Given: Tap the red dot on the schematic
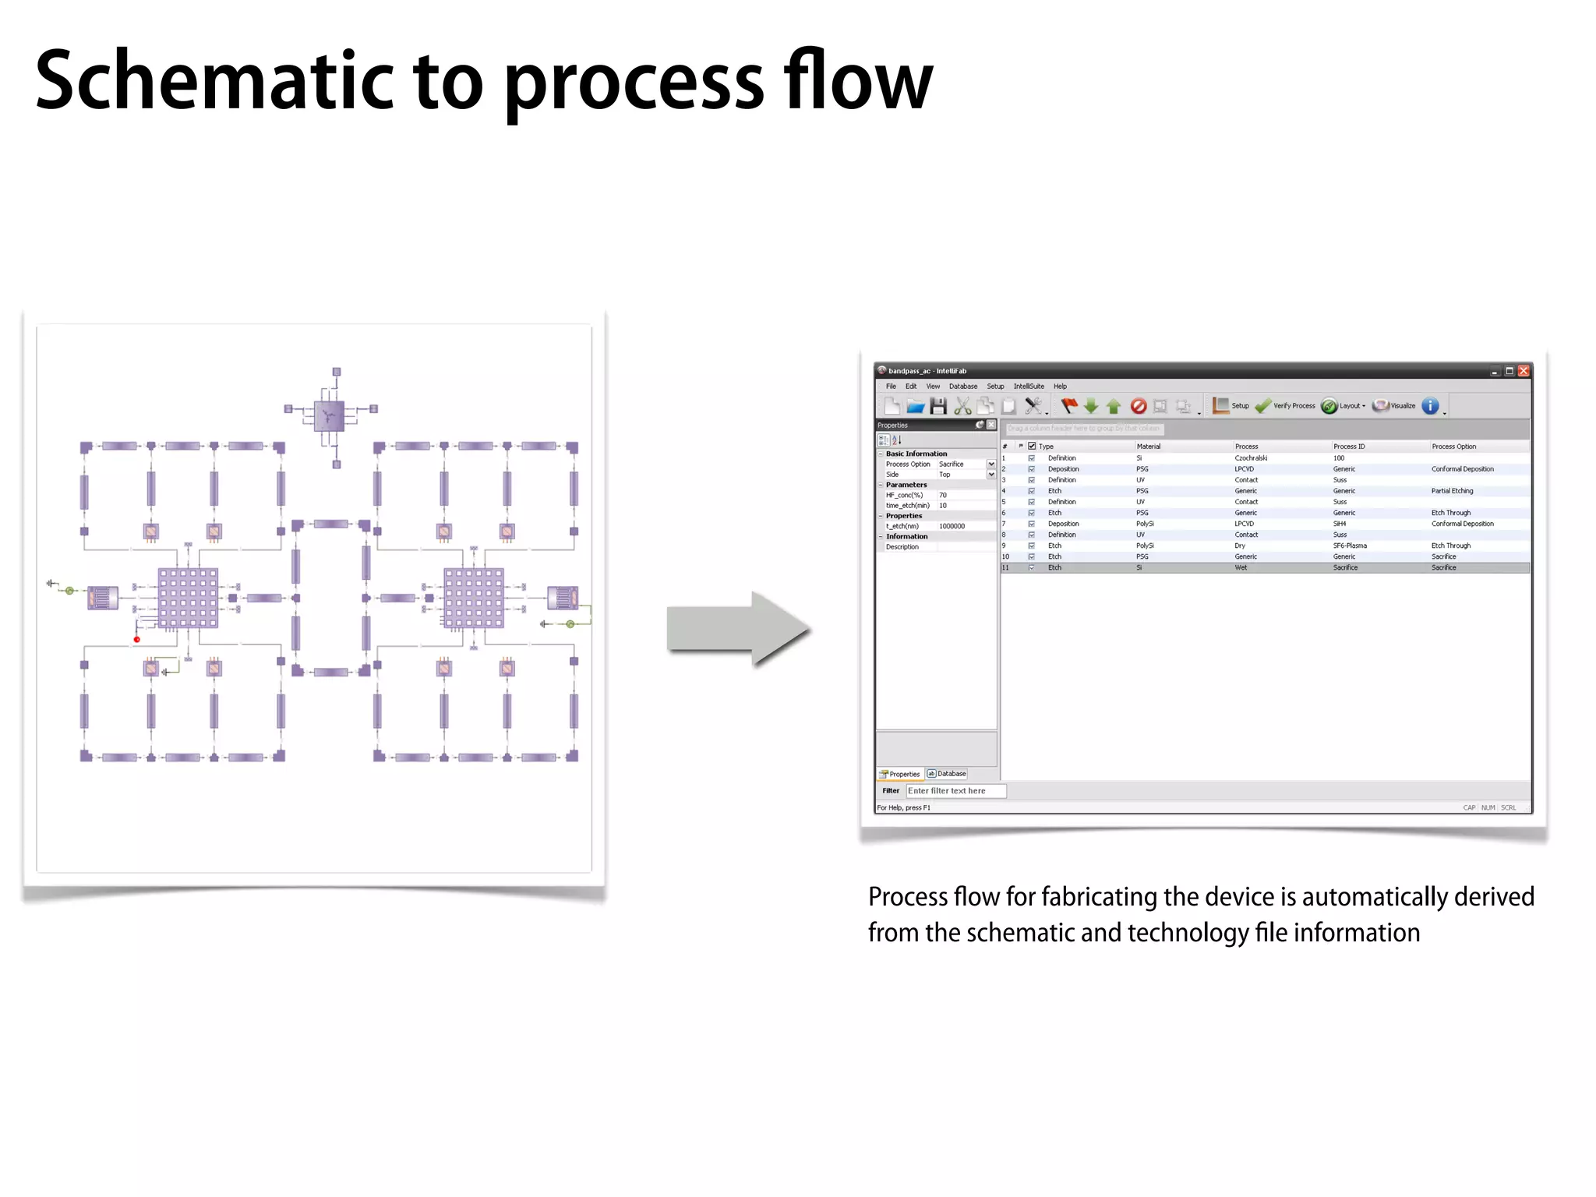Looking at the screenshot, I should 137,640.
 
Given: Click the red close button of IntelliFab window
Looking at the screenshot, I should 1524,371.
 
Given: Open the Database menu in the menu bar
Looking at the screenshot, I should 962,387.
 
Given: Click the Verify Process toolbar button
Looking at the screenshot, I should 1286,406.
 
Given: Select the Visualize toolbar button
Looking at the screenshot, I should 1395,406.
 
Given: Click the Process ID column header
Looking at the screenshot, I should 1349,447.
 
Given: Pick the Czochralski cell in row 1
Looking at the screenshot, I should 1251,458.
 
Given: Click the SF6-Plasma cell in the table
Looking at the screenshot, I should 1350,546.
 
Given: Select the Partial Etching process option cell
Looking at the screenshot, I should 1452,491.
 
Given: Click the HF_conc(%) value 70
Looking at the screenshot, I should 943,495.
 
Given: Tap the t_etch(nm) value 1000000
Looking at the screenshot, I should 952,526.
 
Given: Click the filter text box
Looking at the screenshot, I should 955,791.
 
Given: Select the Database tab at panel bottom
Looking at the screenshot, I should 947,774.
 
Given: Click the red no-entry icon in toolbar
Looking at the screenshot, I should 1138,406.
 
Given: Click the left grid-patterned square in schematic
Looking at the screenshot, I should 188,598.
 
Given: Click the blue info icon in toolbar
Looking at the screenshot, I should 1430,406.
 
